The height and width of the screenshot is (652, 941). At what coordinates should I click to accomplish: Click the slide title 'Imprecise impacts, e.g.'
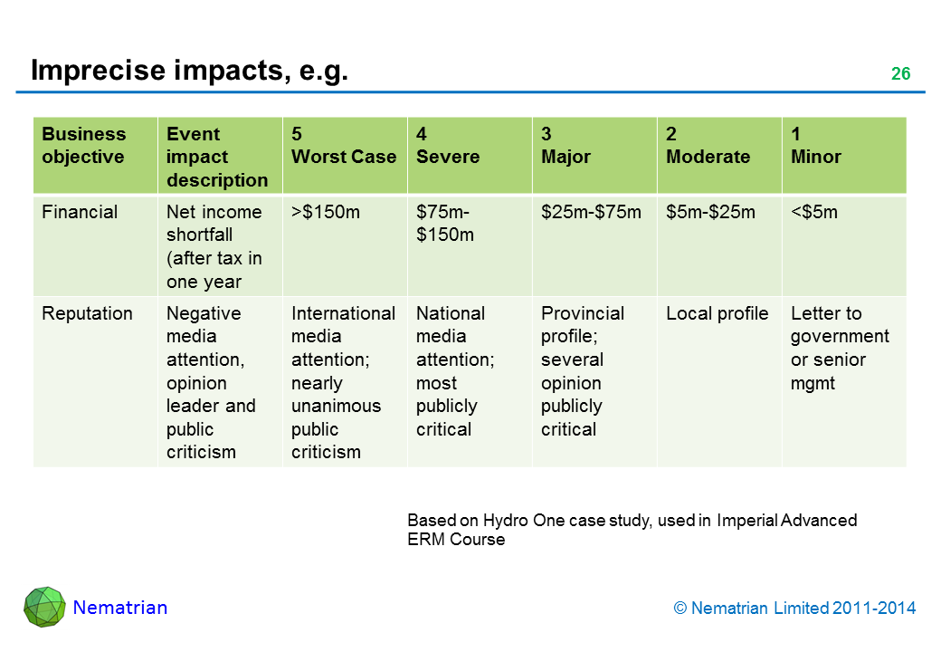[x=189, y=71]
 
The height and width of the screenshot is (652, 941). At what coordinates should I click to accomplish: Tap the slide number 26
[x=900, y=74]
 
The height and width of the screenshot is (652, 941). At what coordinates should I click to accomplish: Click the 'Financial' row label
[x=80, y=213]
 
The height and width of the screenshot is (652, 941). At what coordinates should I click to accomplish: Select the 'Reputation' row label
[x=87, y=314]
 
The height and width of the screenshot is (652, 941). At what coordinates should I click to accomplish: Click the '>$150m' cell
[x=325, y=213]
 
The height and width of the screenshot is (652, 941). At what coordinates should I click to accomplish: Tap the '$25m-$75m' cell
[x=591, y=213]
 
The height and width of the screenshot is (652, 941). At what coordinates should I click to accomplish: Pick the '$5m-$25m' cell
[x=710, y=213]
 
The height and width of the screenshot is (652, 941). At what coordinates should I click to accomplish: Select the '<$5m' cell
[x=814, y=213]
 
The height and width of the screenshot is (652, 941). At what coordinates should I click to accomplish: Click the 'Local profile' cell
[x=717, y=314]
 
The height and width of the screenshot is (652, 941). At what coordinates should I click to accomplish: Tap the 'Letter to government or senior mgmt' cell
[x=840, y=348]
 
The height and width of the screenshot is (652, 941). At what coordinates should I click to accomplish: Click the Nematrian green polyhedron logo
[x=44, y=607]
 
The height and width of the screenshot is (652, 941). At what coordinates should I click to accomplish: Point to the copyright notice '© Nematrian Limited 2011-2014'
[x=795, y=609]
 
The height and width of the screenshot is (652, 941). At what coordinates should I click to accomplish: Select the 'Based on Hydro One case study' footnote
[x=632, y=530]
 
